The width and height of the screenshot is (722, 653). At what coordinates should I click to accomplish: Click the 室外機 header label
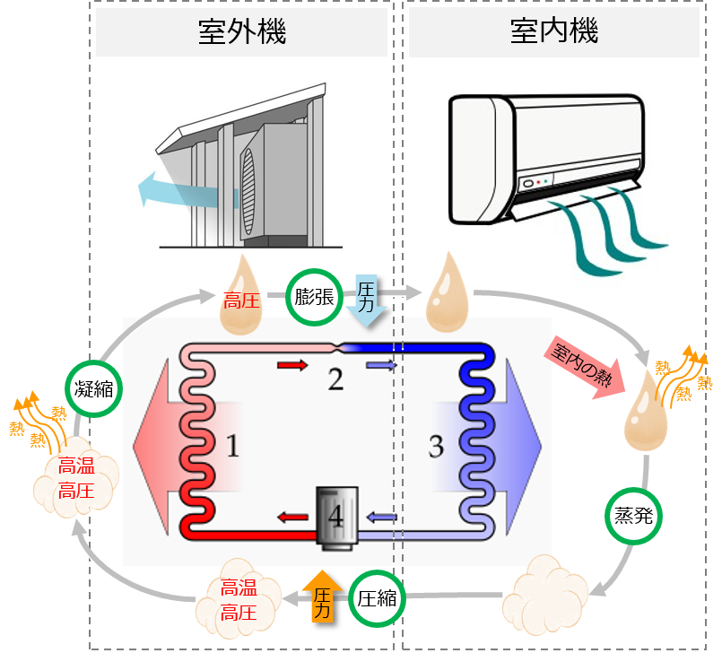tap(241, 34)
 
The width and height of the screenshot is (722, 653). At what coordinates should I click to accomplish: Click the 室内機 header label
tap(553, 32)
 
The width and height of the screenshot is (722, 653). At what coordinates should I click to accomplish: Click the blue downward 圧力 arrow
tap(368, 299)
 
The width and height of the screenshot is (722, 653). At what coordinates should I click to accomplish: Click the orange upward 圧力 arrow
tap(318, 596)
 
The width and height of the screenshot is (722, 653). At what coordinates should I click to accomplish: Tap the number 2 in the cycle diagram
tap(335, 379)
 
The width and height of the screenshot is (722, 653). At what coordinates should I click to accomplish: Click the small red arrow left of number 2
tap(290, 364)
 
